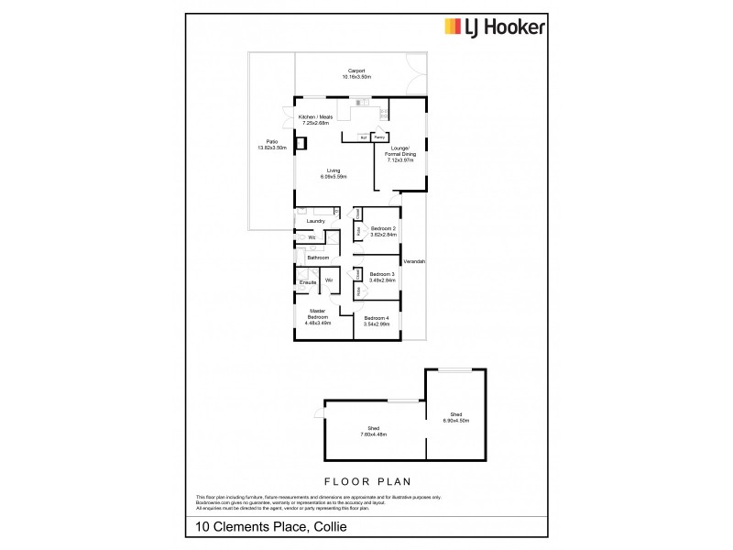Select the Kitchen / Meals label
313,118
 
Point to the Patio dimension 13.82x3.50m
272,148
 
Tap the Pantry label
377,137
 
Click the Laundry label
316,221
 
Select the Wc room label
312,238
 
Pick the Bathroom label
318,258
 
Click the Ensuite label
308,281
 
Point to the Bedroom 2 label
383,227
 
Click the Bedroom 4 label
377,317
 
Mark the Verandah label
415,262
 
